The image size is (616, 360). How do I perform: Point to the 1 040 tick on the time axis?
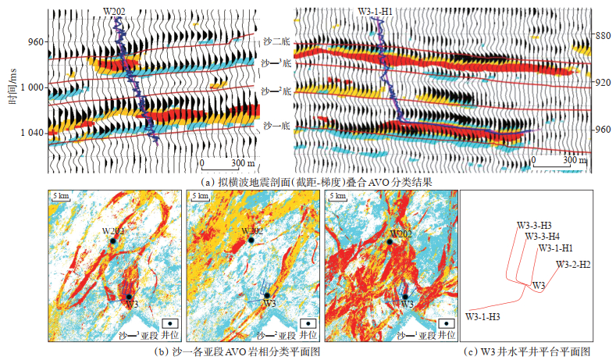(30, 133)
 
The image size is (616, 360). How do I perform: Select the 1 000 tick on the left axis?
(30, 87)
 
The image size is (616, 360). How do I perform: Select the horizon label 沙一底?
(276, 124)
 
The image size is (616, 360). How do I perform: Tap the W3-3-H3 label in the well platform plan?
(536, 225)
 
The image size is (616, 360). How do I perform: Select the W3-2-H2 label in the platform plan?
(573, 265)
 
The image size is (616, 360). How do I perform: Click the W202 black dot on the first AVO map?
(114, 242)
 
